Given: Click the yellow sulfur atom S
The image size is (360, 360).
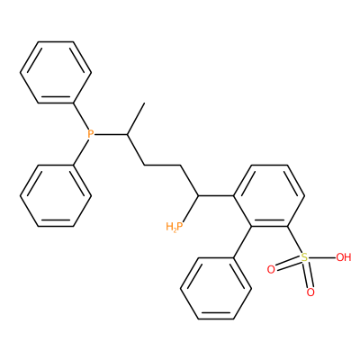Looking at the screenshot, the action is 304,257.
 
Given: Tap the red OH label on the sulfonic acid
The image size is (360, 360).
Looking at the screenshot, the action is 343,257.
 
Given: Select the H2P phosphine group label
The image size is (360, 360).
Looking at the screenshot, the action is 174,227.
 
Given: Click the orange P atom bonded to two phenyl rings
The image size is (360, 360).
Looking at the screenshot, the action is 90,134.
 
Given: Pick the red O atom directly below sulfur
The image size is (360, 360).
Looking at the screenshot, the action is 310,292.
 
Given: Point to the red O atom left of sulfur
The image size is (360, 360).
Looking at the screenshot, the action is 271,269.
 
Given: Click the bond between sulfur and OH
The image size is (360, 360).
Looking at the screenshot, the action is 322,257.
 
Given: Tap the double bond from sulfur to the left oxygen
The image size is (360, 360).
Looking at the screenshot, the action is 288,264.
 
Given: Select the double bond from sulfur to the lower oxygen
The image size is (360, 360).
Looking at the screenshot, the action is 308,274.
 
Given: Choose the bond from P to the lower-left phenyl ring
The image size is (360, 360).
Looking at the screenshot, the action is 81,151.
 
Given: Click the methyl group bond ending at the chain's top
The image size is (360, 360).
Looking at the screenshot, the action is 136,119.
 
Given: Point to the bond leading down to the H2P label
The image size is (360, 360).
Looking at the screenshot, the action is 190,210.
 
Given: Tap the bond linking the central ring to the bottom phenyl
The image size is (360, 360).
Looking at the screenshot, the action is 242,242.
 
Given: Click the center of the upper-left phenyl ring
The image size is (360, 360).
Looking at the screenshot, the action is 56,73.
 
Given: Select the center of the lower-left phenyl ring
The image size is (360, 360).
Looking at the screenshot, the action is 56,195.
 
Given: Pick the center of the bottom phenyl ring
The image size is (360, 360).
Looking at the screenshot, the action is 216,289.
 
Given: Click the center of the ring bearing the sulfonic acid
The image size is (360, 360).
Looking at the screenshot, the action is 269,195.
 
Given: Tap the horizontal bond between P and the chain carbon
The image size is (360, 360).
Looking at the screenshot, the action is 111,134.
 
